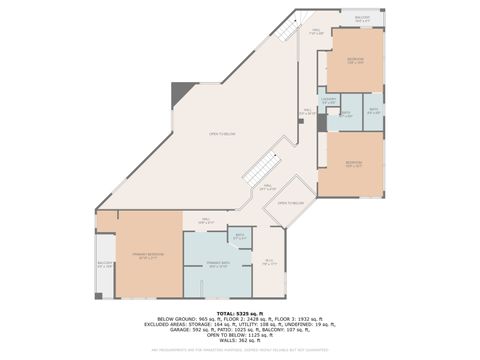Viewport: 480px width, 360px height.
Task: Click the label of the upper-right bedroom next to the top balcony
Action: click(355, 61)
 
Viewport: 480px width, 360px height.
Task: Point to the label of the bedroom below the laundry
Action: click(353, 164)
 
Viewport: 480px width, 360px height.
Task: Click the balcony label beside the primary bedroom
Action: click(106, 265)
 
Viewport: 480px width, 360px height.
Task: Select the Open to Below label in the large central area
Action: click(221, 134)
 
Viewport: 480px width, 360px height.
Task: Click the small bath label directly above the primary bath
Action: click(240, 238)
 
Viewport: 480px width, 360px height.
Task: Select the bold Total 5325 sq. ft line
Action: click(240, 313)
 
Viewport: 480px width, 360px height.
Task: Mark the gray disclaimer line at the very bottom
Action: click(240, 350)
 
